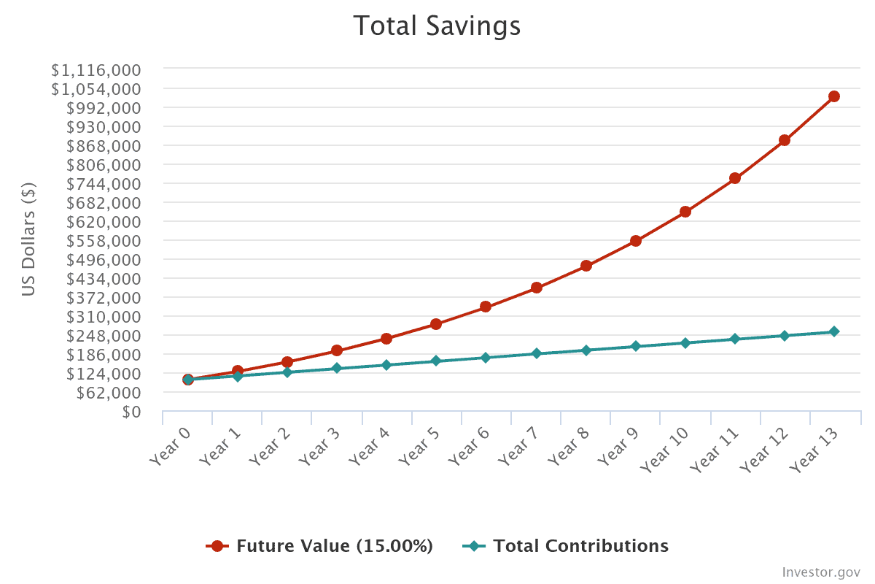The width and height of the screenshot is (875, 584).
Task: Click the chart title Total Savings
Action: pos(437,26)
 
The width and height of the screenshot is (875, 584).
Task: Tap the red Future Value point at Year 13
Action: pos(834,96)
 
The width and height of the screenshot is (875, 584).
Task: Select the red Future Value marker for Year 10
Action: pos(685,212)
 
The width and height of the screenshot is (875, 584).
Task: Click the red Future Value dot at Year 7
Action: pos(536,288)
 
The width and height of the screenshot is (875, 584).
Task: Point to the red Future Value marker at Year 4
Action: pos(386,339)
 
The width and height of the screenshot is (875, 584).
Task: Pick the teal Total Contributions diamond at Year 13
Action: pos(834,331)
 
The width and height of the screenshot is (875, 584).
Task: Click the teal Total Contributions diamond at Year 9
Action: pos(635,346)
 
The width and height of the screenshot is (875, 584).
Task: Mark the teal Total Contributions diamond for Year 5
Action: pos(436,361)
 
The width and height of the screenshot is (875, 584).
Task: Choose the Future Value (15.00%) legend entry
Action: pos(321,546)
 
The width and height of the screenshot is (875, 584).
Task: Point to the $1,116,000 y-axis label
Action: pos(96,70)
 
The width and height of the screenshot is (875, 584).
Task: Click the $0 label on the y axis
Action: pos(131,412)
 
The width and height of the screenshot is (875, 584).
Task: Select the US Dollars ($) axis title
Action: pos(28,239)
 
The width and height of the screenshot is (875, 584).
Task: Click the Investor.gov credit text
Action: pos(821,571)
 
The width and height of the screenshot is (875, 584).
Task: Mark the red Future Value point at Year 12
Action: pos(785,140)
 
